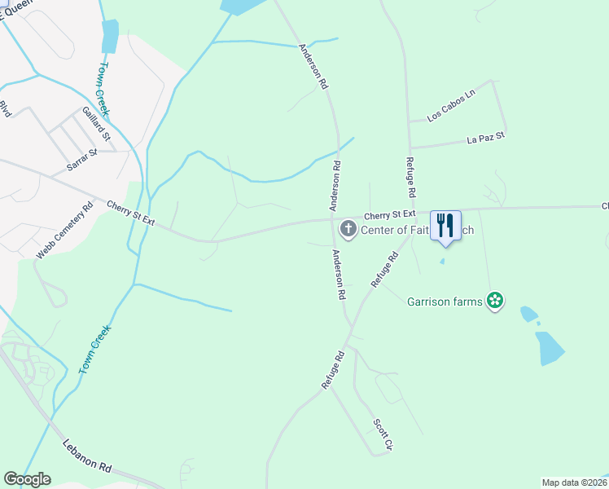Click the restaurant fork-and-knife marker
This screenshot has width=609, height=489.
[445, 225]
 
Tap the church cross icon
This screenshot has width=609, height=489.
[348, 229]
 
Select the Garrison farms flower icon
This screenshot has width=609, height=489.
[493, 302]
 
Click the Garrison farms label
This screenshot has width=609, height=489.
[445, 302]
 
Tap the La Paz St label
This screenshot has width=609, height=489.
[486, 137]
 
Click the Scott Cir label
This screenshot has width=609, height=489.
[383, 435]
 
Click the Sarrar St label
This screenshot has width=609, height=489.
[81, 159]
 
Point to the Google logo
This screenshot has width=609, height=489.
[27, 479]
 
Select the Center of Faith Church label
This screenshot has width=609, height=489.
[411, 230]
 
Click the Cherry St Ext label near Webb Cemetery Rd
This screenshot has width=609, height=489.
[130, 214]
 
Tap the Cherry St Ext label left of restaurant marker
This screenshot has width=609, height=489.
[389, 214]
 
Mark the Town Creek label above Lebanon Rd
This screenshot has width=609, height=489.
[94, 350]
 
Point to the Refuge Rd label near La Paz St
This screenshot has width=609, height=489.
[412, 178]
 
